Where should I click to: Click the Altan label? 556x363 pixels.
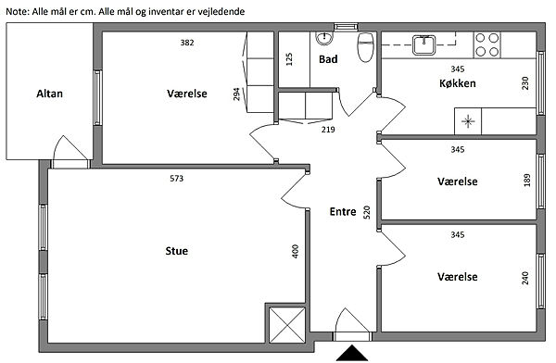[x=50, y=94]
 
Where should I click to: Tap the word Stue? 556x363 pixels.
[x=177, y=251]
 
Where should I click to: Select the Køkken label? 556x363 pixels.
[x=458, y=83]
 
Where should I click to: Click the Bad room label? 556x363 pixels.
[x=328, y=59]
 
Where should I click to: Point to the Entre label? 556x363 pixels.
[x=343, y=212]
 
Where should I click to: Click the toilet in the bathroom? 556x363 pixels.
[x=366, y=47]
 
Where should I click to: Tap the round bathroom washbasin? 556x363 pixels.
[x=324, y=38]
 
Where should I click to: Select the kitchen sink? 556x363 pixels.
[x=423, y=45]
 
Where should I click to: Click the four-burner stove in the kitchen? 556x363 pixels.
[x=487, y=44]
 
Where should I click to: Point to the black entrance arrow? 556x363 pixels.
[x=352, y=353]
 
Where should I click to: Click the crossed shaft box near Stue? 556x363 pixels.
[x=287, y=325]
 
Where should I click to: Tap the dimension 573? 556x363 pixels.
[x=177, y=179]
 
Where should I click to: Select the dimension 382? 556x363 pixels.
[x=187, y=43]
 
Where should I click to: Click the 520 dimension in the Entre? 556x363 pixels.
[x=367, y=212]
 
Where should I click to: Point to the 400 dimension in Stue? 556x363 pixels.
[x=296, y=251]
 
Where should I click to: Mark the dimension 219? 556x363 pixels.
[x=328, y=130]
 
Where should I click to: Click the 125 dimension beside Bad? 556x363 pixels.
[x=289, y=59]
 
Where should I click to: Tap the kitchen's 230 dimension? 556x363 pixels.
[x=525, y=83]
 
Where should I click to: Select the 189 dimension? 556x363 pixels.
[x=527, y=180]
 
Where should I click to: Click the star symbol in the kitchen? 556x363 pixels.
[x=468, y=121]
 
